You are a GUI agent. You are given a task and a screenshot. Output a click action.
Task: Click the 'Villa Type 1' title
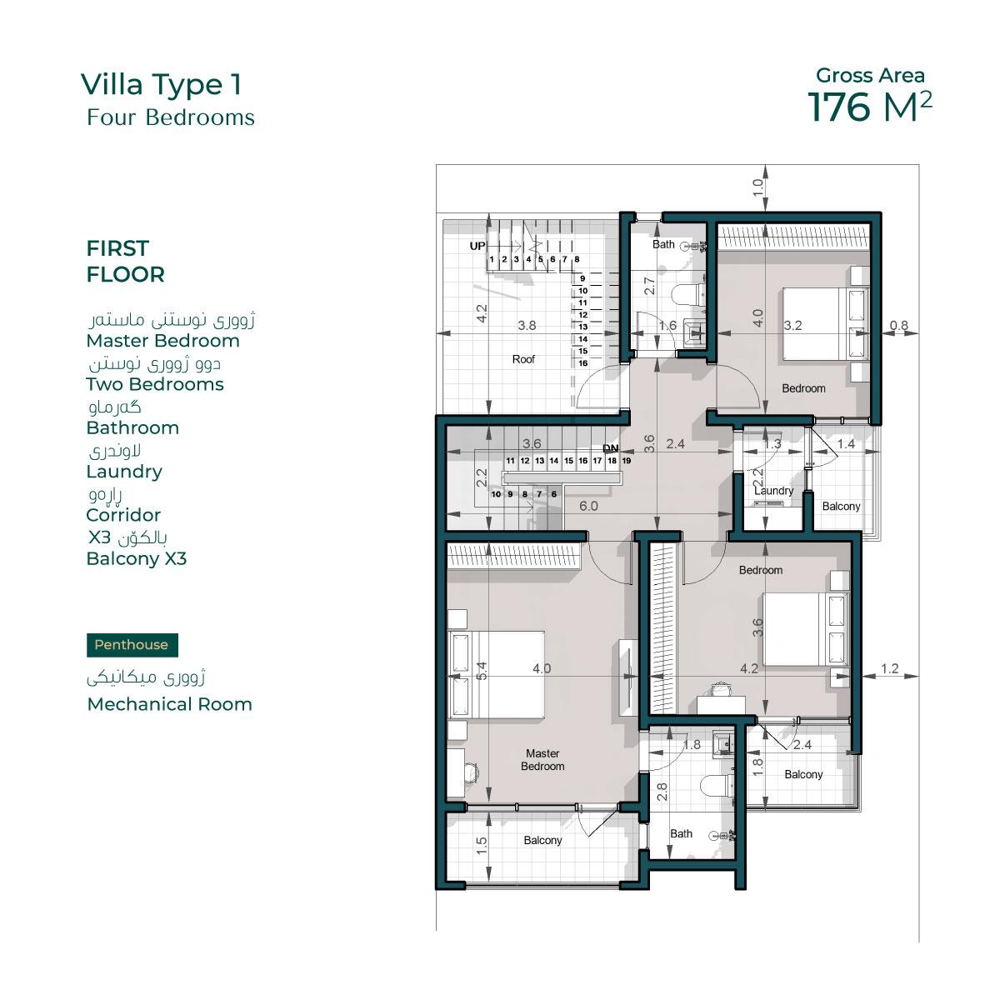pyautogui.click(x=161, y=86)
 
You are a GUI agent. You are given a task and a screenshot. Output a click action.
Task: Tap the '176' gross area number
pyautogui.click(x=838, y=107)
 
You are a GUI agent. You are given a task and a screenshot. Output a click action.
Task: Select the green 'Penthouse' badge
pyautogui.click(x=132, y=644)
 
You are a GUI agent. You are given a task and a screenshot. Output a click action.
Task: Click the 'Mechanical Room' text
pyautogui.click(x=170, y=704)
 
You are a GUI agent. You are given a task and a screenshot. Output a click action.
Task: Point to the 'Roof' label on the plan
pyautogui.click(x=523, y=359)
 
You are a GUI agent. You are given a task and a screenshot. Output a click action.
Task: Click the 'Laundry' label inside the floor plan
pyautogui.click(x=773, y=490)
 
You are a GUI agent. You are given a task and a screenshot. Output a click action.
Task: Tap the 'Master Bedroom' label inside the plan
pyautogui.click(x=542, y=760)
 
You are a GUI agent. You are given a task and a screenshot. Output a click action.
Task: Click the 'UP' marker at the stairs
pyautogui.click(x=477, y=246)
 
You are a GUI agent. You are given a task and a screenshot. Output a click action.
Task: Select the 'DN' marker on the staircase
pyautogui.click(x=611, y=447)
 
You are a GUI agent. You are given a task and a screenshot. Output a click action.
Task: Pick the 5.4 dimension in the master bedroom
pyautogui.click(x=482, y=671)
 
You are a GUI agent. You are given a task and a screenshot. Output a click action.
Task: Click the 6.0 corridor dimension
pyautogui.click(x=588, y=506)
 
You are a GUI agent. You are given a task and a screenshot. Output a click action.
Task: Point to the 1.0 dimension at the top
pyautogui.click(x=757, y=187)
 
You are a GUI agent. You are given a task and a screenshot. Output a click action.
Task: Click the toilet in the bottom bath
pyautogui.click(x=717, y=786)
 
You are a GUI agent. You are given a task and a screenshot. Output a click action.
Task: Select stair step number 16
pyautogui.click(x=582, y=363)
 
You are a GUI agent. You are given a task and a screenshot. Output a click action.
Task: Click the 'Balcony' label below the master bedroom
pyautogui.click(x=542, y=840)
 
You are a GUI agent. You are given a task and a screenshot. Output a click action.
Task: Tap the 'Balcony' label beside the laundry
pyautogui.click(x=841, y=506)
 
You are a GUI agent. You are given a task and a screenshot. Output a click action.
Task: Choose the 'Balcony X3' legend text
pyautogui.click(x=137, y=559)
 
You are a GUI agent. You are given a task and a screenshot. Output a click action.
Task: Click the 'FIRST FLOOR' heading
pyautogui.click(x=125, y=261)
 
